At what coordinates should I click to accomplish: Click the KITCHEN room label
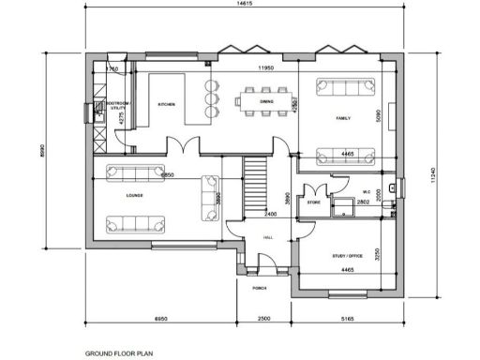click(168, 104)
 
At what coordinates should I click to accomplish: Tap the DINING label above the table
click(266, 100)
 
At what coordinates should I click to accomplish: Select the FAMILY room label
click(342, 119)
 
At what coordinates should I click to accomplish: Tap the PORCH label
click(260, 287)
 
